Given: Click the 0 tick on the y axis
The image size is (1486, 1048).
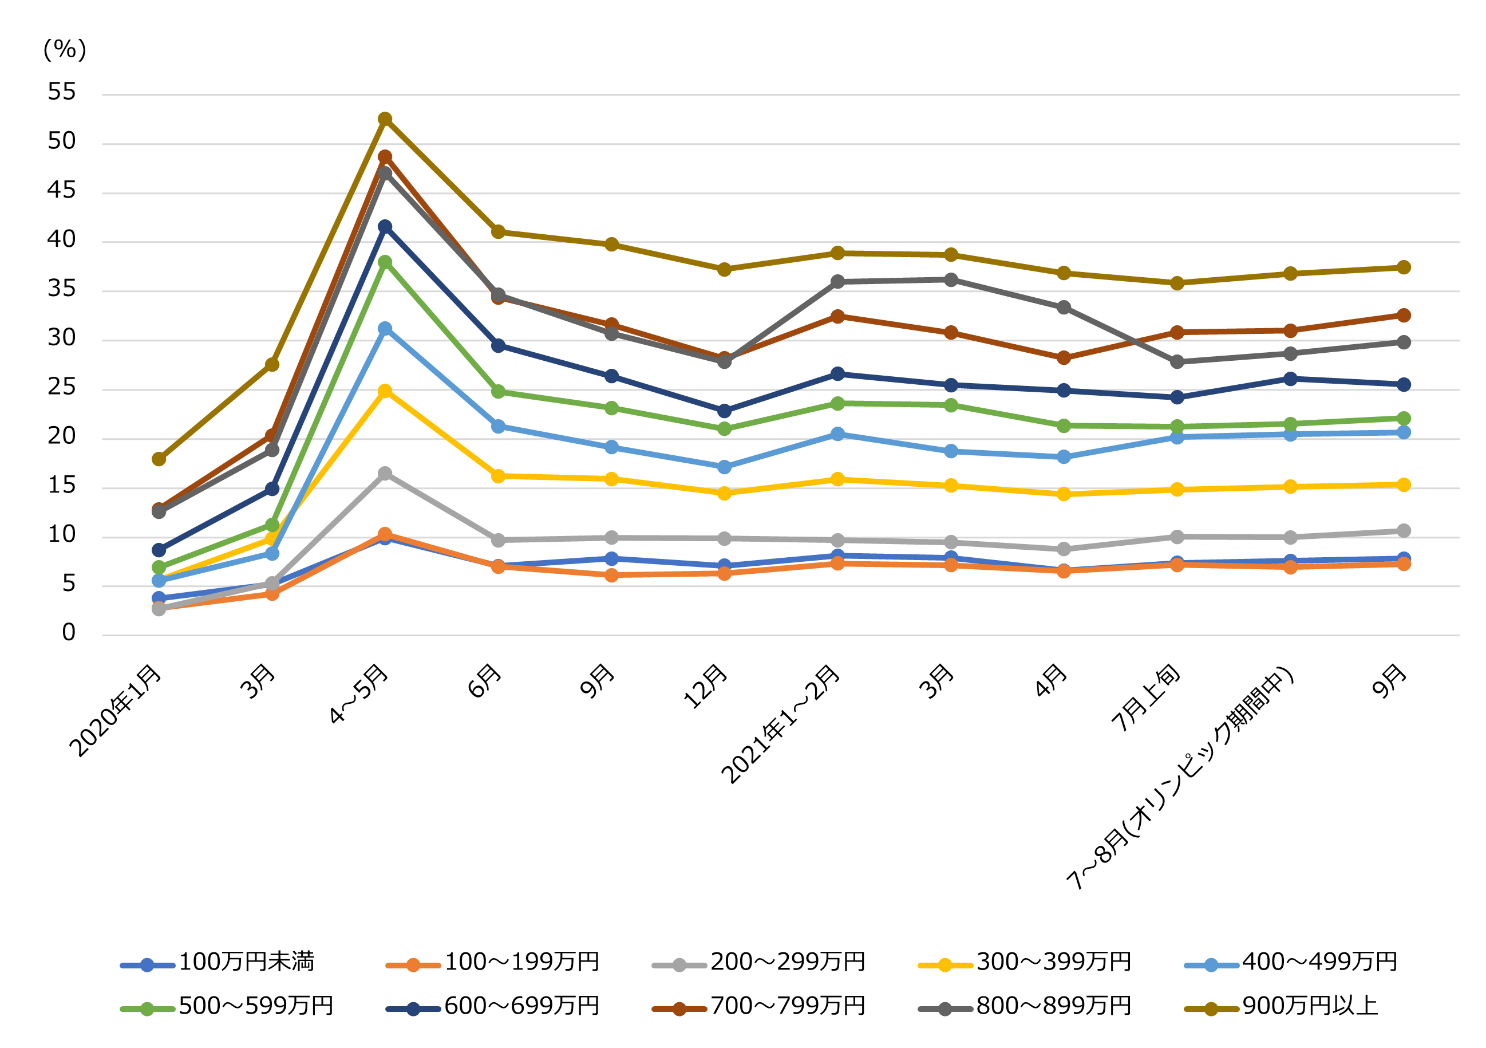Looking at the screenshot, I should click(69, 632).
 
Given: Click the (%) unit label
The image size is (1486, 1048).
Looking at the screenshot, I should click(64, 49).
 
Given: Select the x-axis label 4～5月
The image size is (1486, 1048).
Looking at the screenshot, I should click(359, 694).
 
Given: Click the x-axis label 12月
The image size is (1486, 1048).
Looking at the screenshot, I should click(705, 686).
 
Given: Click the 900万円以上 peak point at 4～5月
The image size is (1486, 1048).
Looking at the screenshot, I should click(385, 119).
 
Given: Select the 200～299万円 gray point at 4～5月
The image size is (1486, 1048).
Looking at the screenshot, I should click(385, 473).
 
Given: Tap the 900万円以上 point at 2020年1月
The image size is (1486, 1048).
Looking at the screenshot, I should click(159, 459).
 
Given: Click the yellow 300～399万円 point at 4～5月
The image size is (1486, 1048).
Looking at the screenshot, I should click(385, 391).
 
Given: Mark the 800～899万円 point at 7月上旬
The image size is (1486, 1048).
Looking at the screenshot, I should click(1177, 362).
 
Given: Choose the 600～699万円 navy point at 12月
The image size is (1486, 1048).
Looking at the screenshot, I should click(724, 411).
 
